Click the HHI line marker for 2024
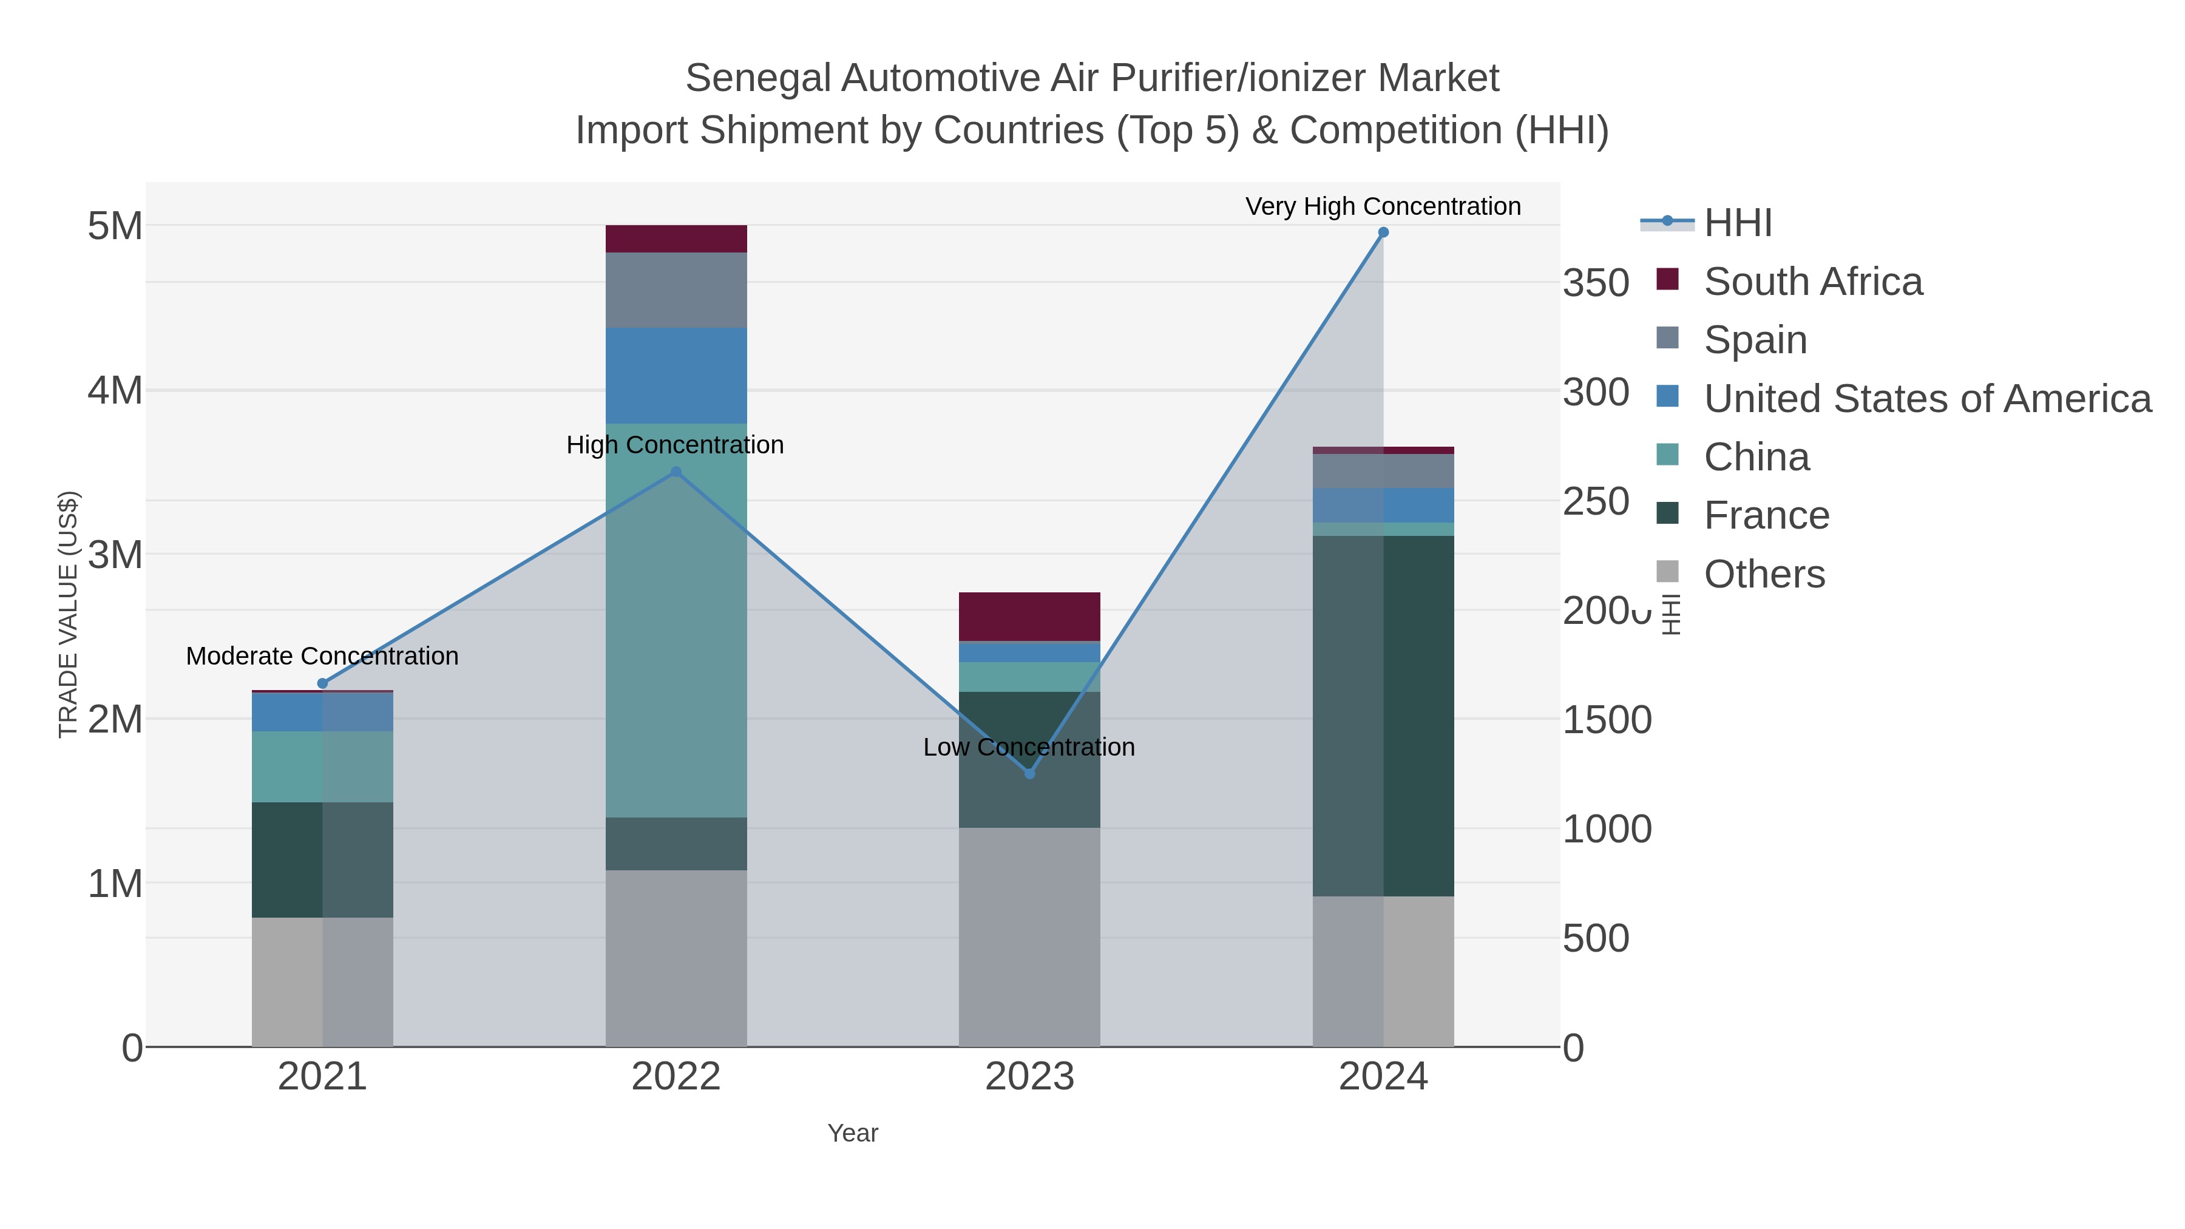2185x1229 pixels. (1383, 232)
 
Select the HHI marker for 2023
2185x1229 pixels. (1030, 774)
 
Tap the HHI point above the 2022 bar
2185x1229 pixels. (676, 472)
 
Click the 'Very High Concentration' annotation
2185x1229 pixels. (1383, 207)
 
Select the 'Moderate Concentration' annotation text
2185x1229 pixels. (322, 657)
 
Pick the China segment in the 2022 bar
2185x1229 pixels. (676, 619)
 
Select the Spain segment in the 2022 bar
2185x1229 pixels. (676, 290)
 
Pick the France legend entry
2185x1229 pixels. (1766, 516)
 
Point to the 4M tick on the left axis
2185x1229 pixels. (115, 391)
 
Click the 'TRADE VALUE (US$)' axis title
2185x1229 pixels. (68, 614)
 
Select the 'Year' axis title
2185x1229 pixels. (853, 1133)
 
